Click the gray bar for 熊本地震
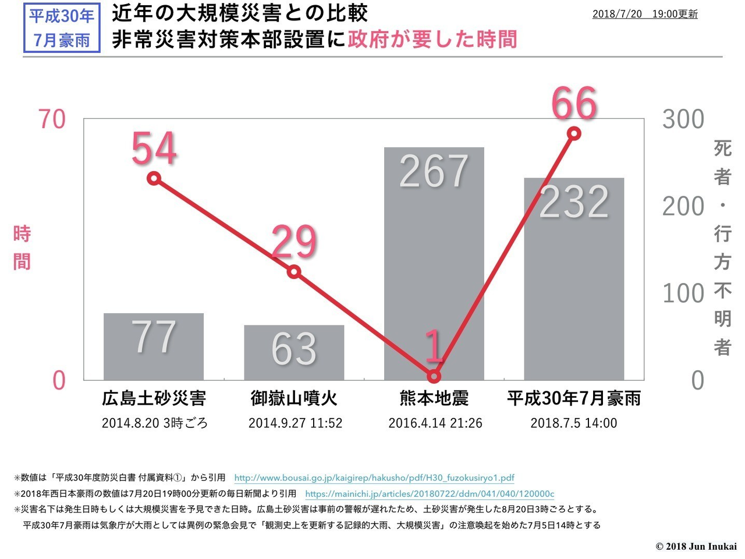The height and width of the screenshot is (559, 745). [x=434, y=262]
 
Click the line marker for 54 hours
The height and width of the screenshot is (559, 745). [x=154, y=178]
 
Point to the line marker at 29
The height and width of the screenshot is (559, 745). [x=294, y=272]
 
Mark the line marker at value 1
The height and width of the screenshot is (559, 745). [x=434, y=376]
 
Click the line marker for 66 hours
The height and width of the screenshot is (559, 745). [x=574, y=133]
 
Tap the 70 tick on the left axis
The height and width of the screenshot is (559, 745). [x=52, y=119]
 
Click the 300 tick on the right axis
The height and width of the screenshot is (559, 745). [x=683, y=119]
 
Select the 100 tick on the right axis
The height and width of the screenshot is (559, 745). [x=683, y=293]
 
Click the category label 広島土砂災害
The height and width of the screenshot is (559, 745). [x=154, y=398]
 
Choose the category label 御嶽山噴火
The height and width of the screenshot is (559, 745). [x=294, y=398]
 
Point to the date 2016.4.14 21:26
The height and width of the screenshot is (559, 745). [x=435, y=423]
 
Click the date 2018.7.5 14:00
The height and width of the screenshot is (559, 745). [x=573, y=423]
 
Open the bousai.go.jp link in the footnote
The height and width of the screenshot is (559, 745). [x=374, y=478]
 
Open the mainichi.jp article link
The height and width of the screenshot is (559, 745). [x=430, y=494]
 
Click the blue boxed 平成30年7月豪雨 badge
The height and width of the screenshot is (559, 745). [x=62, y=27]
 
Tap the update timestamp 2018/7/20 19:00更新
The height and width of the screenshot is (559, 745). [x=645, y=14]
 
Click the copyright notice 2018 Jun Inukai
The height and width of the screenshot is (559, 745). [x=696, y=546]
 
